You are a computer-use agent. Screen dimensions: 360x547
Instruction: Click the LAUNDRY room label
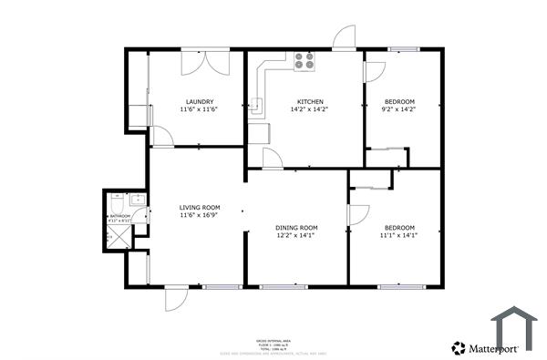pyautogui.click(x=200, y=101)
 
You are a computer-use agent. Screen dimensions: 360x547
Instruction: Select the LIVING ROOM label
pyautogui.click(x=199, y=208)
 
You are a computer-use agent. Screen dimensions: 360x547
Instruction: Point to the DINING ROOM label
pyautogui.click(x=296, y=227)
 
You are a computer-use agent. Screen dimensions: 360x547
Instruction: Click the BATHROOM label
pyautogui.click(x=120, y=215)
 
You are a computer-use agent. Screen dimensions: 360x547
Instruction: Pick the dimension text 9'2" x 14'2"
pyautogui.click(x=399, y=109)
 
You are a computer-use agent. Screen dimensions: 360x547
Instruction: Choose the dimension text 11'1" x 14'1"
pyautogui.click(x=398, y=235)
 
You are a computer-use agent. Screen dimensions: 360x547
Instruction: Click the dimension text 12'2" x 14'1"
pyautogui.click(x=296, y=235)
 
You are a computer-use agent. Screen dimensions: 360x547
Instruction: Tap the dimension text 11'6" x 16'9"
pyautogui.click(x=199, y=216)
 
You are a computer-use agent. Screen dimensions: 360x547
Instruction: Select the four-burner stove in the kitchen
pyautogui.click(x=304, y=62)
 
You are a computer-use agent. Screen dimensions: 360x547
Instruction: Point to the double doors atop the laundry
pyautogui.click(x=200, y=62)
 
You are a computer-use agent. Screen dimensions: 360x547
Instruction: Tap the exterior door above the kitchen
pyautogui.click(x=344, y=39)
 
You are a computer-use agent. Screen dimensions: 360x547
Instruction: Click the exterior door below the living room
pyautogui.click(x=175, y=297)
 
